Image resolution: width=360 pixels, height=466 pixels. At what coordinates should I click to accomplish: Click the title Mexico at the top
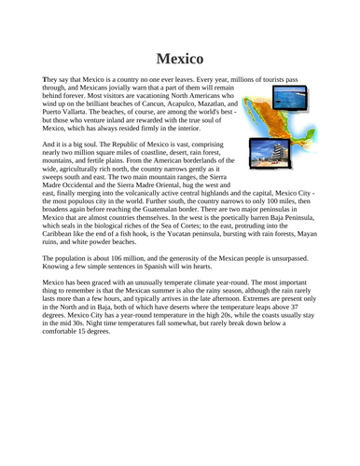pyautogui.click(x=180, y=58)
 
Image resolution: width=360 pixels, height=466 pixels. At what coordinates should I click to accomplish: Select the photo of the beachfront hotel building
pyautogui.click(x=265, y=138)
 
